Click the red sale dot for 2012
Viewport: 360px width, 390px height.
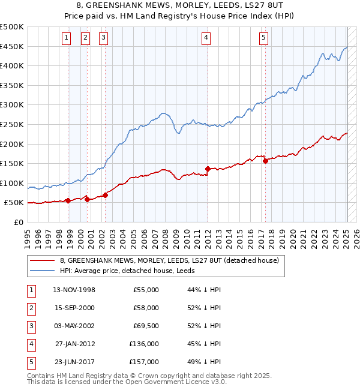coord(208,169)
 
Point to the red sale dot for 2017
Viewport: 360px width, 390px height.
coord(265,160)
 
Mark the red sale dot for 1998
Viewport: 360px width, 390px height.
coord(68,200)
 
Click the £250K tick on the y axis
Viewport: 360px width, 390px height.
coord(12,124)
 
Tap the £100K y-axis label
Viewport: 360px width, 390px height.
coord(12,183)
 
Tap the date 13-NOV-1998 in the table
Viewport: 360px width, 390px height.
coord(74,290)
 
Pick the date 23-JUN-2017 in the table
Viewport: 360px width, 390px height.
coord(74,362)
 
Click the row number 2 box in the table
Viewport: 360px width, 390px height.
coord(30,308)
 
